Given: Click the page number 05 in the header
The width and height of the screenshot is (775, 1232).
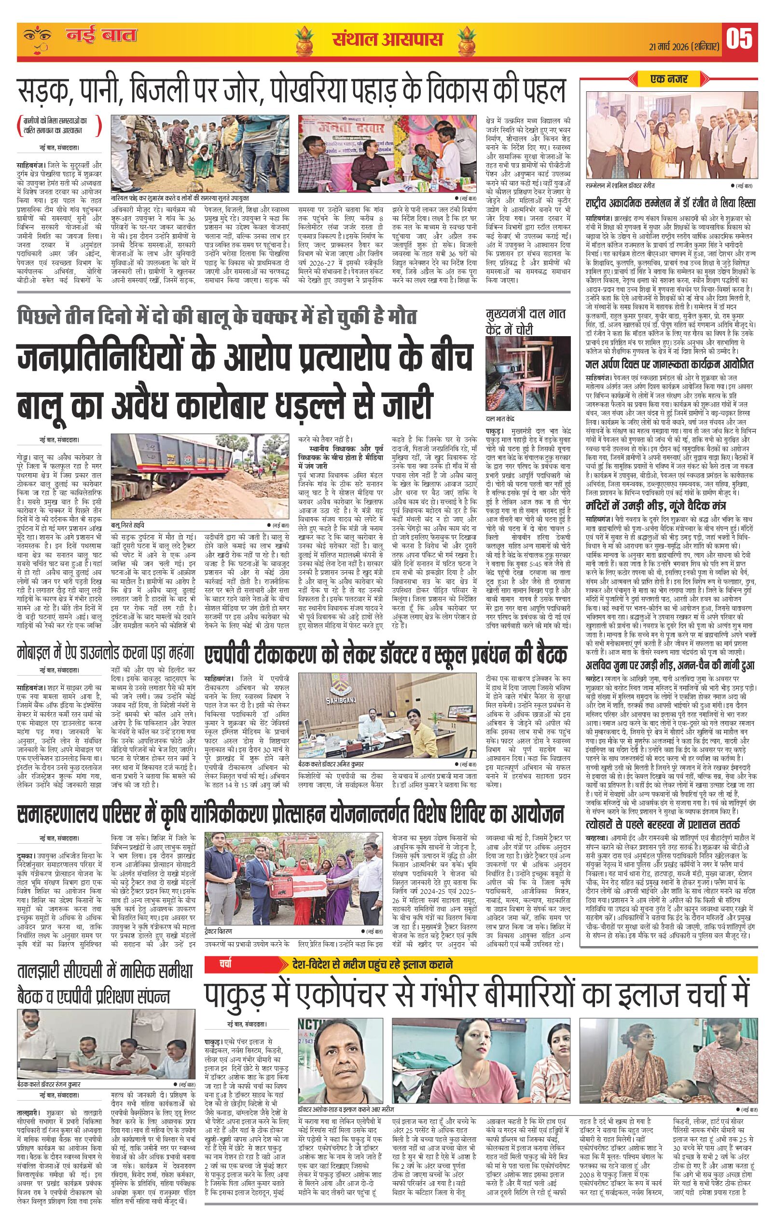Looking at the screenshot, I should point(739,40).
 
